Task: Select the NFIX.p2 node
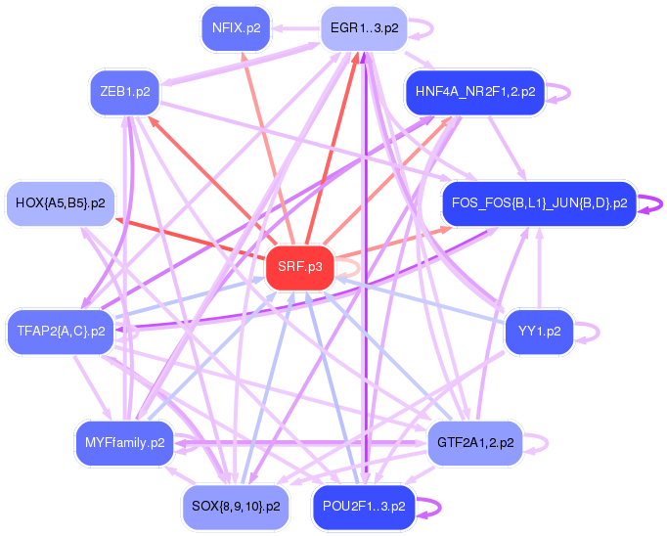[x=236, y=28]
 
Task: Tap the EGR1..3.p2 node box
[x=364, y=28]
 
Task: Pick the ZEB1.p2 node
[x=124, y=92]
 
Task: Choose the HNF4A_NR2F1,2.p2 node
[x=474, y=92]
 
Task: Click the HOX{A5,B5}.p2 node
[x=60, y=203]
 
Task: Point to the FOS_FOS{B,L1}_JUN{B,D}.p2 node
[x=539, y=203]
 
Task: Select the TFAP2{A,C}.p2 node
[x=60, y=331]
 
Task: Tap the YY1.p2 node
[x=539, y=331]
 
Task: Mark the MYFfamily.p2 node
[x=124, y=442]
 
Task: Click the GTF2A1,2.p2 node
[x=474, y=442]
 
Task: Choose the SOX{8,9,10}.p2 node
[x=236, y=507]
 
